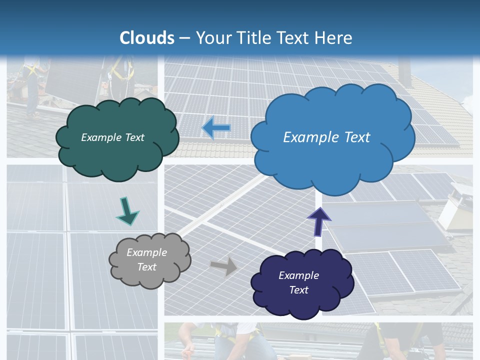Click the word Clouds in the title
[x=147, y=38]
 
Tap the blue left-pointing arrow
[x=216, y=128]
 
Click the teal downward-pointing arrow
[x=126, y=211]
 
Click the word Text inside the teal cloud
[x=133, y=137]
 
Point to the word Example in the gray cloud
[x=147, y=252]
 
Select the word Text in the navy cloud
[x=298, y=290]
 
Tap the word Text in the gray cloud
[x=147, y=267]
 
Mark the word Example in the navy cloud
[x=298, y=275]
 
